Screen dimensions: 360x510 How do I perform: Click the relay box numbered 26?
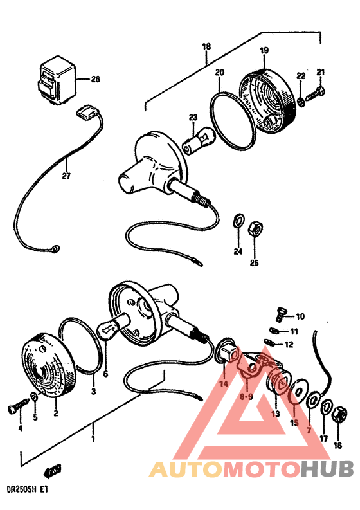(57, 80)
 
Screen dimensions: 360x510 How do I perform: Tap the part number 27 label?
(66, 176)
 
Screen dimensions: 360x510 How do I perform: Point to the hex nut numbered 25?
(256, 230)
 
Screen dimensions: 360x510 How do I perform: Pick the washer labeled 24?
(239, 221)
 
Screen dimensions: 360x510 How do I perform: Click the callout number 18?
(206, 46)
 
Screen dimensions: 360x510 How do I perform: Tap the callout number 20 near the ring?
(220, 72)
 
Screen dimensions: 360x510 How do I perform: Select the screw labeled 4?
(19, 406)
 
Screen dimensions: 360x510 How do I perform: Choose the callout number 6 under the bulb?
(105, 374)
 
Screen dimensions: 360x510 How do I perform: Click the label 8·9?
(246, 396)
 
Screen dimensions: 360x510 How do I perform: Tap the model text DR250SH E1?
(27, 490)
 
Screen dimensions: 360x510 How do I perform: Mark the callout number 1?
(93, 439)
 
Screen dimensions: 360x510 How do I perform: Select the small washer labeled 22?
(301, 102)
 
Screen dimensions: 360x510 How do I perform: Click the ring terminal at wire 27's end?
(56, 250)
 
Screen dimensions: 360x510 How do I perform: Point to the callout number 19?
(264, 50)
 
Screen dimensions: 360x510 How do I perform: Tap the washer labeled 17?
(326, 407)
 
